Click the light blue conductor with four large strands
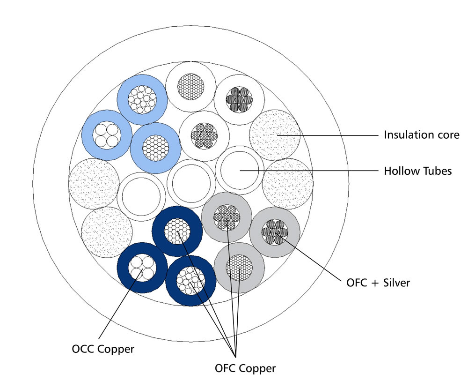point(106,135)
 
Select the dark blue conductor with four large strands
point(142,268)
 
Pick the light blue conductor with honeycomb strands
point(155,148)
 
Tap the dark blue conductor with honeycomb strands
point(178,231)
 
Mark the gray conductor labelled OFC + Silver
point(275,232)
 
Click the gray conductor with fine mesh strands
point(239,268)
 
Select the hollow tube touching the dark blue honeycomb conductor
point(140,196)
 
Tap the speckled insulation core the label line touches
point(275,135)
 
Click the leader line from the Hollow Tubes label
point(318,171)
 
